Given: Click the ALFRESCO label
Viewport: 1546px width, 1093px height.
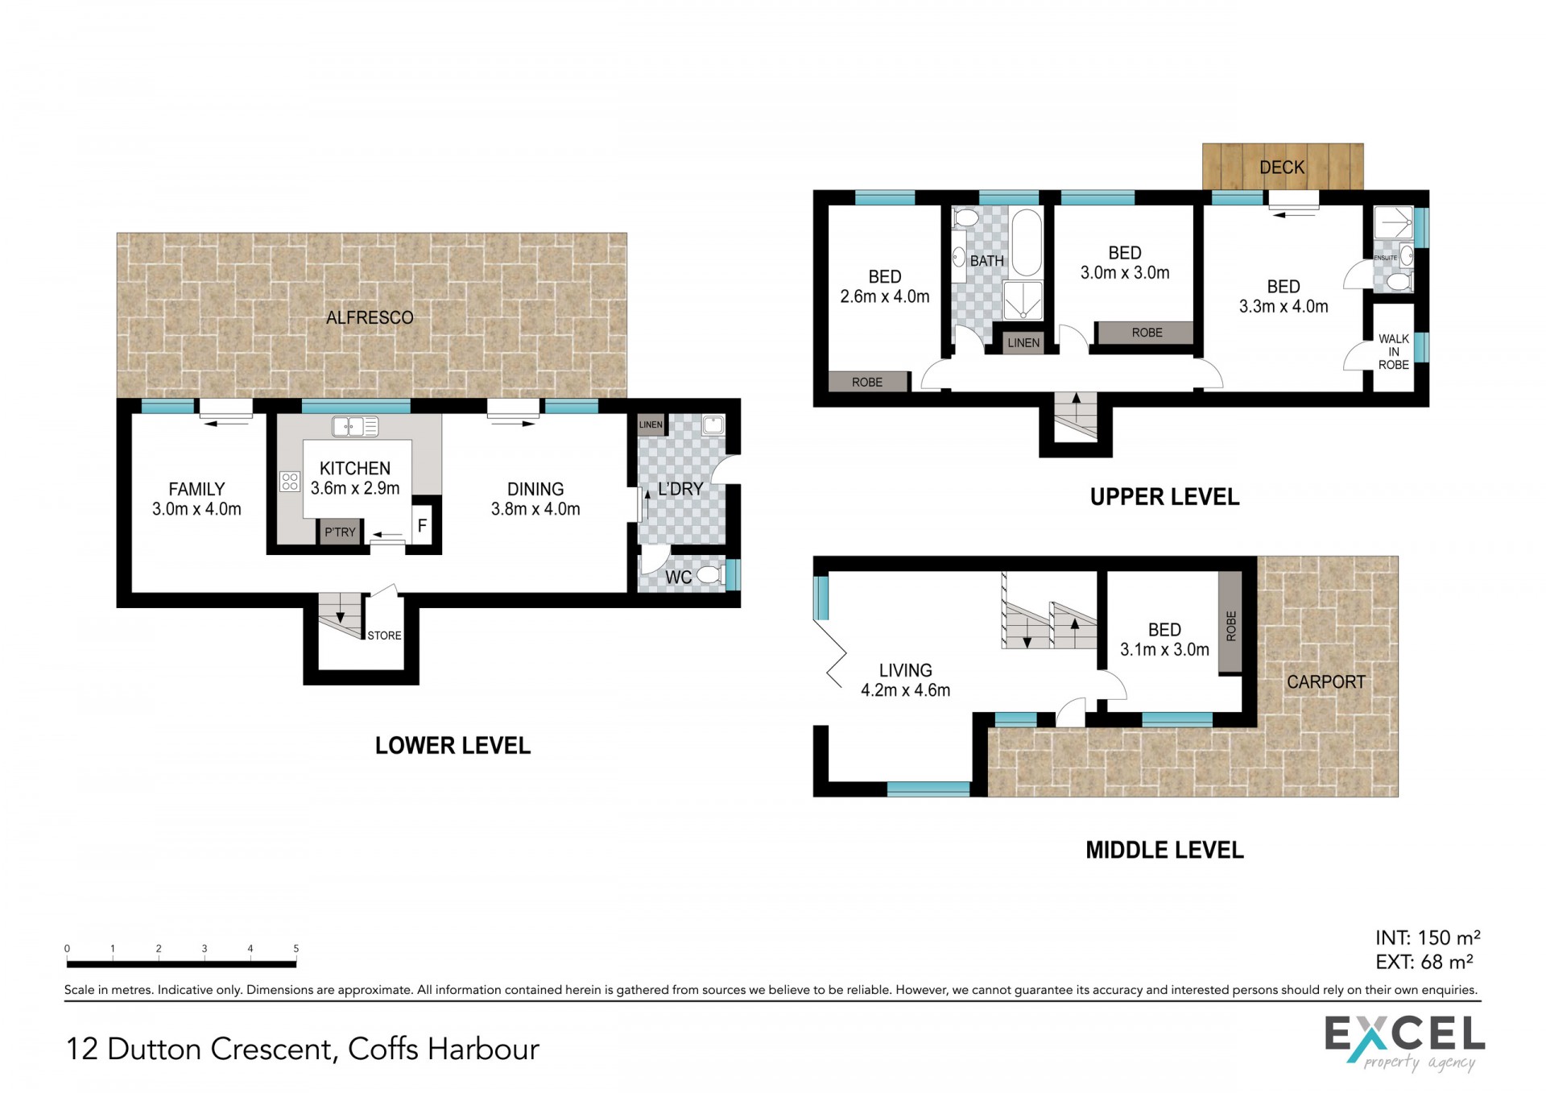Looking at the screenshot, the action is click(370, 317).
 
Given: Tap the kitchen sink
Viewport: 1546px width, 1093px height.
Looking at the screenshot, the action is click(355, 426).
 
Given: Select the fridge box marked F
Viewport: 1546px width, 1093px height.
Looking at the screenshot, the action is click(422, 527).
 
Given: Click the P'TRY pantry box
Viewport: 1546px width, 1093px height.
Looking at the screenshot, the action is click(340, 532).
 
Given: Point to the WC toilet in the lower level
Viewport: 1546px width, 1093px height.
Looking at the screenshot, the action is click(709, 575).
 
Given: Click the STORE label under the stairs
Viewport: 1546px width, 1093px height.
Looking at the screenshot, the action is click(384, 636).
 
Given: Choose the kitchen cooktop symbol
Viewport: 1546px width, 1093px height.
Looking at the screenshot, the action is click(290, 482).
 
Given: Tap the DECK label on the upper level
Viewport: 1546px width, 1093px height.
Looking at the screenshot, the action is click(1282, 167).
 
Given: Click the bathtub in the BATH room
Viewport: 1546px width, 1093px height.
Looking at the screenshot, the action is click(1027, 242).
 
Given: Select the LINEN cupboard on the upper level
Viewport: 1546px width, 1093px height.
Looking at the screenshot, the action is click(1023, 342).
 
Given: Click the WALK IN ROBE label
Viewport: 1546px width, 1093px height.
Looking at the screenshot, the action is click(1394, 352).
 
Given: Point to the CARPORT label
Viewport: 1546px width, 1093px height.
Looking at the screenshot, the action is click(1326, 682).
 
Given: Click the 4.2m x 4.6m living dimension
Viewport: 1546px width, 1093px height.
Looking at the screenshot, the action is click(906, 690).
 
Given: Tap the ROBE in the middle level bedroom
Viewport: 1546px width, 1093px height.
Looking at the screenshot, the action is click(1230, 623).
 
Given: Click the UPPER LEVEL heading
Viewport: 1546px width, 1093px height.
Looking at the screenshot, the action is click(1164, 497).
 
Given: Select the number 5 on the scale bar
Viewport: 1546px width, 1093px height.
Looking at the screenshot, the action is click(296, 949).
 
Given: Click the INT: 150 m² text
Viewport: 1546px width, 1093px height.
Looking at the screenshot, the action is click(1428, 938).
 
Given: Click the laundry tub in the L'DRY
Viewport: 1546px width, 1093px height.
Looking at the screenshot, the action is click(713, 425).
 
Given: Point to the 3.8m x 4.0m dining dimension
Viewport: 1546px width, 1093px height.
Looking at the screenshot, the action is click(535, 509).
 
